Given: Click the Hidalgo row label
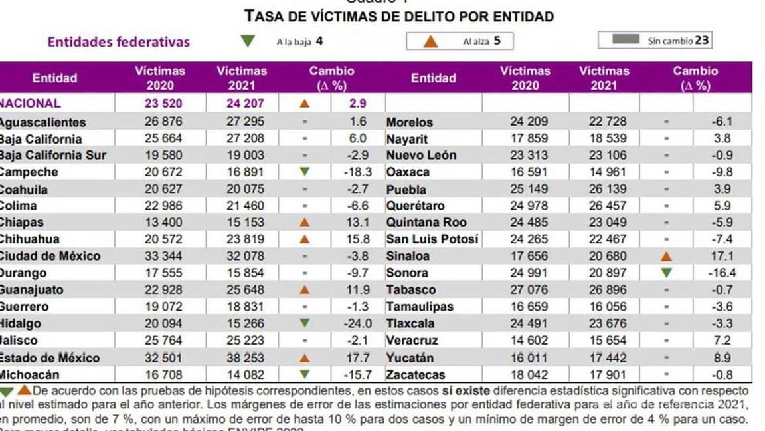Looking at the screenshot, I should pos(21,323).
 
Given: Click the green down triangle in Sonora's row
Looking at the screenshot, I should pos(666,273).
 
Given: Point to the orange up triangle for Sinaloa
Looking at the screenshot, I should pos(666,256).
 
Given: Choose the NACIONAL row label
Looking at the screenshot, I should pos(31,103).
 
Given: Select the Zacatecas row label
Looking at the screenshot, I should pos(416,374).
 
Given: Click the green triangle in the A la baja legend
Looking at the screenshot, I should pos(248,41).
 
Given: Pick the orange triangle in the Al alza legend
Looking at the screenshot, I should pos(431,41).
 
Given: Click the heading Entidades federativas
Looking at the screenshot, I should pos(118,41).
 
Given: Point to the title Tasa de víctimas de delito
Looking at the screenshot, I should pos(399,15).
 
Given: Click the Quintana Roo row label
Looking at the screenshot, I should pos(426,222).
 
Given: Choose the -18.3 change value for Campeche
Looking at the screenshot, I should pos(357,172).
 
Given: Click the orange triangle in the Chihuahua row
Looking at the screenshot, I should pos(305,239).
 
